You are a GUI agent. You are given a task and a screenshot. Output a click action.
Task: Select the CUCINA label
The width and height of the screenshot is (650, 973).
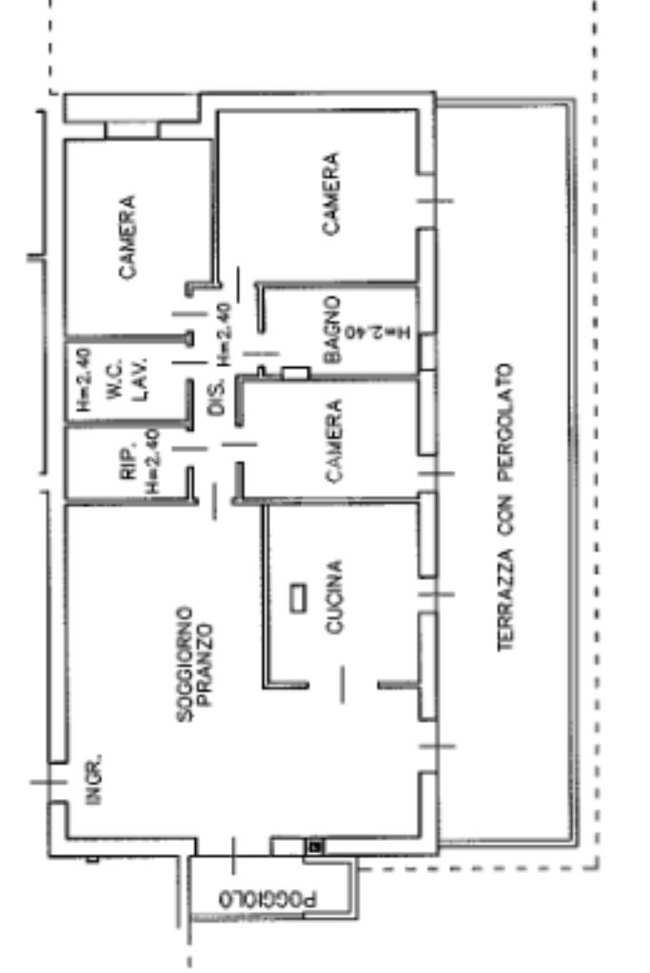point(334,596)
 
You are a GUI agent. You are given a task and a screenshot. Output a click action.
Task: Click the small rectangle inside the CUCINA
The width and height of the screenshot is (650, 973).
point(299,597)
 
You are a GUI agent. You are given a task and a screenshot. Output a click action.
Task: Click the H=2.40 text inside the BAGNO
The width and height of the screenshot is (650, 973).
point(380,333)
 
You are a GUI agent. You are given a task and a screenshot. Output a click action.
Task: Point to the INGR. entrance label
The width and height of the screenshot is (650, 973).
point(93,781)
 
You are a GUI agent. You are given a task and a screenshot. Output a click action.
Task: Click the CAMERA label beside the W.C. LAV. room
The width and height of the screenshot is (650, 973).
point(127,237)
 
